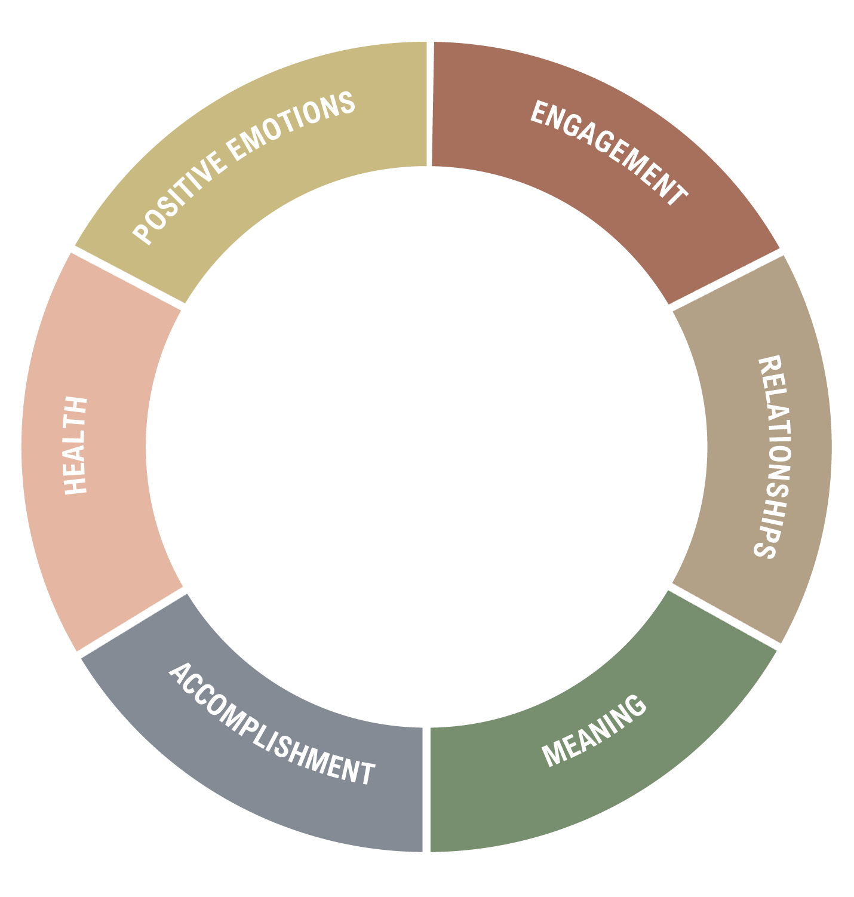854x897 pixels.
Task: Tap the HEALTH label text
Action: (75, 446)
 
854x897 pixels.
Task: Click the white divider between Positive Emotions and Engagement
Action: (429, 104)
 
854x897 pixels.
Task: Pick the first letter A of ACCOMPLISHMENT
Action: (180, 674)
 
